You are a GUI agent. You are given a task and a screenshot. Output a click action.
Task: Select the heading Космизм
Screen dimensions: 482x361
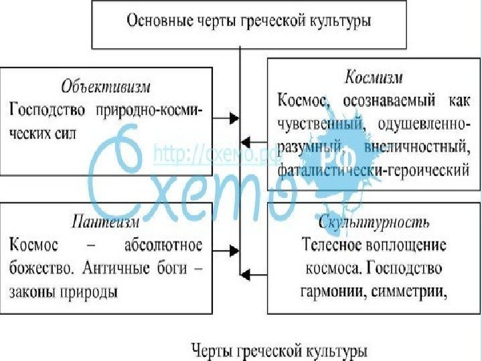tap(374, 77)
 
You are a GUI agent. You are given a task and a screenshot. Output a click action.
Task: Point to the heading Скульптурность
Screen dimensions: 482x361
tap(374, 221)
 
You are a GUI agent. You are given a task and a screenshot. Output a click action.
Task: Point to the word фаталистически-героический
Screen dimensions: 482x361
tap(373, 170)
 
